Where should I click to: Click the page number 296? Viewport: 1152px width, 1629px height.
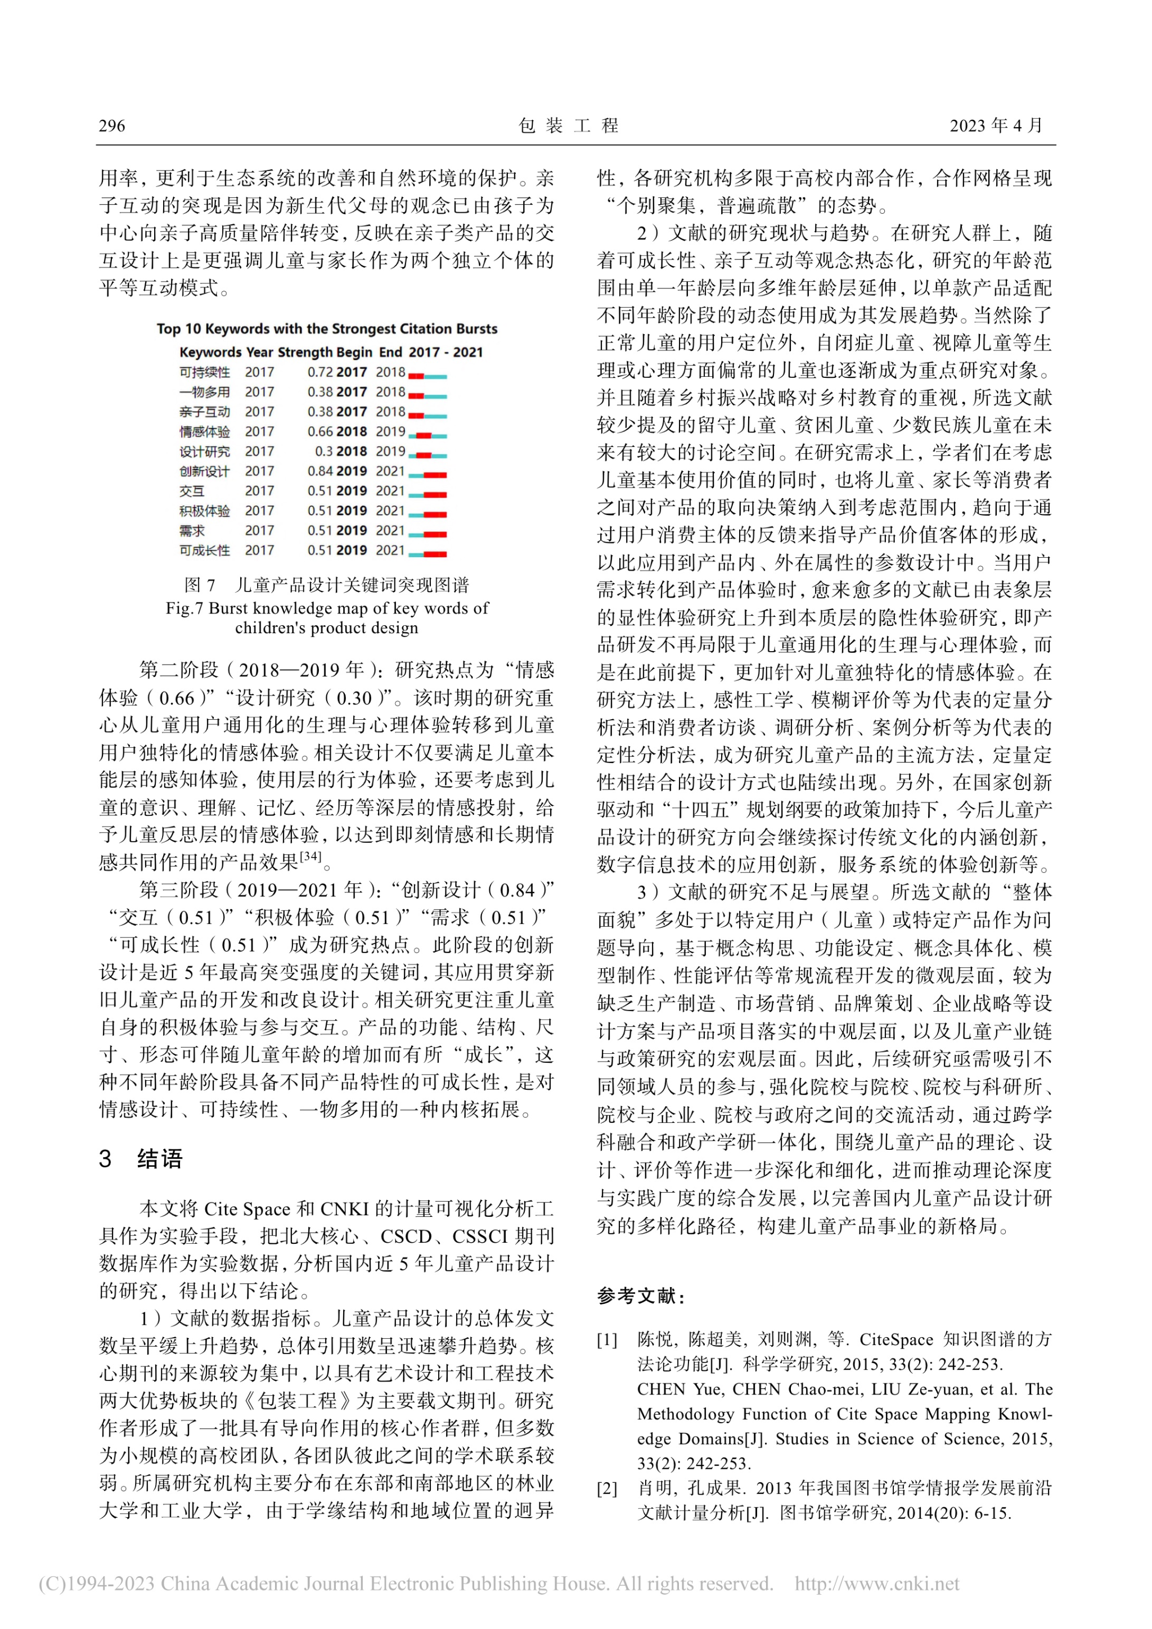(x=111, y=127)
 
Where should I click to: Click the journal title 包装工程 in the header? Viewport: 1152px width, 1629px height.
(x=569, y=127)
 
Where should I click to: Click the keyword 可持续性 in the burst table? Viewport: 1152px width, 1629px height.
(x=204, y=372)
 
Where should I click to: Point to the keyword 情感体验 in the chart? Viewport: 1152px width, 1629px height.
(x=204, y=432)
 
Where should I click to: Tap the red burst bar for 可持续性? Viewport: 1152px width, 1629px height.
(x=416, y=375)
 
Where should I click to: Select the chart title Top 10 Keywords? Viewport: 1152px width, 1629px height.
(x=326, y=329)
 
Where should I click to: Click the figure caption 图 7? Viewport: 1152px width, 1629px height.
(x=200, y=585)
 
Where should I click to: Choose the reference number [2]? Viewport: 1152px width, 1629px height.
(x=607, y=1489)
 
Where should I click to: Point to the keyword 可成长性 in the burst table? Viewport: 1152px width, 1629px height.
(x=204, y=550)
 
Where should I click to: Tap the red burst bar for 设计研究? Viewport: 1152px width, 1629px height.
(x=424, y=455)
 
